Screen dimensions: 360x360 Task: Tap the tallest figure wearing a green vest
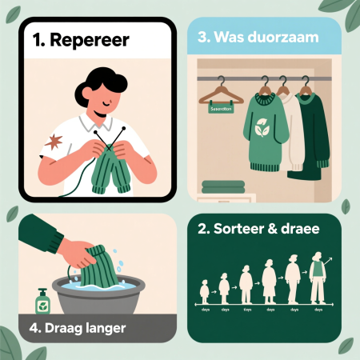pyautogui.click(x=319, y=276)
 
